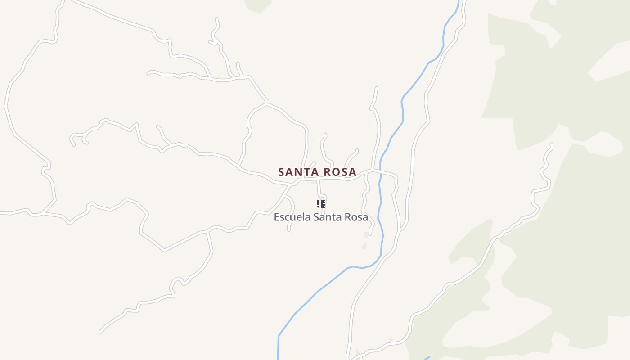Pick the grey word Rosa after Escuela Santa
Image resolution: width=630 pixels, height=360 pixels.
pos(356,217)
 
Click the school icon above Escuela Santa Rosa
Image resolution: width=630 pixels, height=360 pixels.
pos(321,204)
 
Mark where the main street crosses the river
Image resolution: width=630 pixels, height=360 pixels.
pos(380,171)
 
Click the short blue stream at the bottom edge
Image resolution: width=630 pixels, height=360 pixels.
pos(426,358)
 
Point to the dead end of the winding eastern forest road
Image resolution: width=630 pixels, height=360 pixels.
pos(552,144)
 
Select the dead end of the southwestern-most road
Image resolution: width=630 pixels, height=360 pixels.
pos(100,332)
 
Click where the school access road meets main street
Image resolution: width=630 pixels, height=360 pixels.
pos(318,179)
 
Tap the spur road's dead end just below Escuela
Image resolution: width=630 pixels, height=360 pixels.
pos(288,230)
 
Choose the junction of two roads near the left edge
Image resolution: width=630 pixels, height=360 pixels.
pos(44,213)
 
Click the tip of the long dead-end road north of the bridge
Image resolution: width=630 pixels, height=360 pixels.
pos(377,88)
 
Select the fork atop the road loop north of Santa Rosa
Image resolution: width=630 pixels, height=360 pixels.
pos(267,103)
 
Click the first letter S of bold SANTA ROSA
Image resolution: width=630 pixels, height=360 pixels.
pos(281,172)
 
